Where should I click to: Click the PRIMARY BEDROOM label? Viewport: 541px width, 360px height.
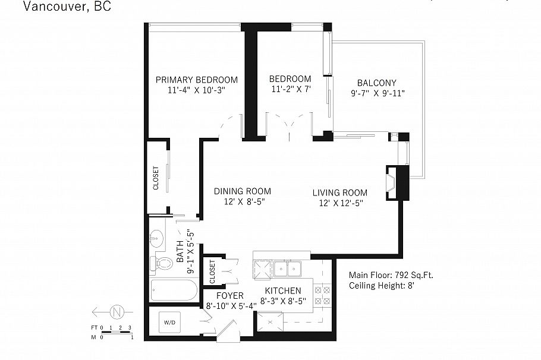click(x=196, y=80)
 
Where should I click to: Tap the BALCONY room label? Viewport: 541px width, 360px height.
click(x=376, y=83)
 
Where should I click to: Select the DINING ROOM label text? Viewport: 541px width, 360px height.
click(x=243, y=191)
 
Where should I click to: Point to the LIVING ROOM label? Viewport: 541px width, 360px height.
click(x=340, y=192)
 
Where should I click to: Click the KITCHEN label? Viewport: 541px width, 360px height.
click(x=282, y=290)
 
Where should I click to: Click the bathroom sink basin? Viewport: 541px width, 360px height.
click(x=158, y=237)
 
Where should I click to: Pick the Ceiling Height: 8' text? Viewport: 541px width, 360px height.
click(x=380, y=286)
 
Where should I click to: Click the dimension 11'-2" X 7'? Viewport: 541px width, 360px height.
click(x=290, y=90)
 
